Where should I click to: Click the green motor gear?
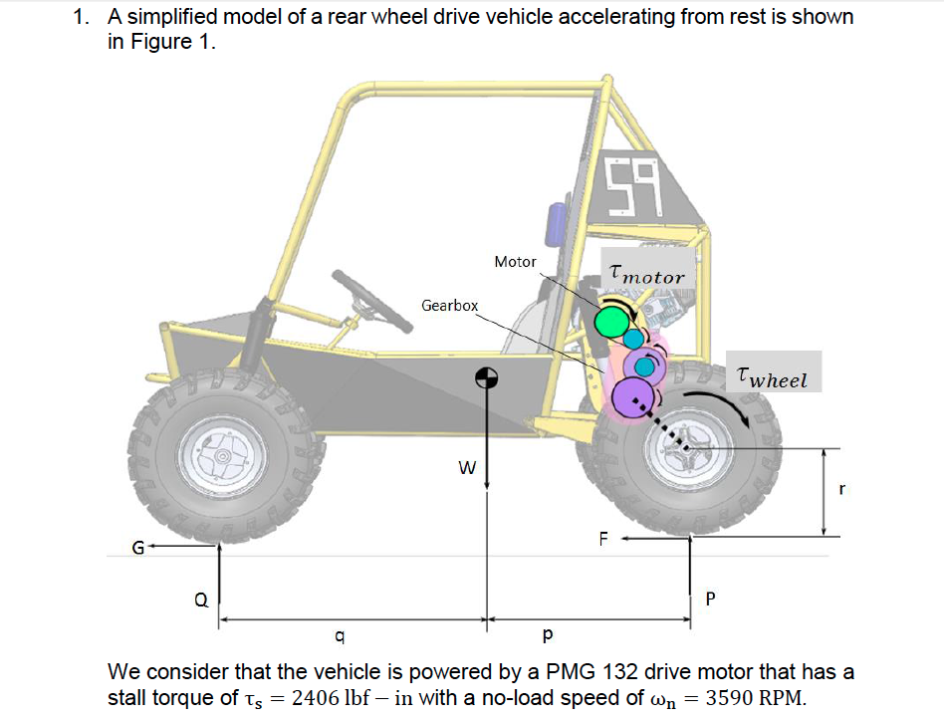(612, 321)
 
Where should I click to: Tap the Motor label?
(515, 262)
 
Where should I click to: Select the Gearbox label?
(449, 306)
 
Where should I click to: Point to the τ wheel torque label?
(773, 376)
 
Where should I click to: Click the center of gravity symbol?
(486, 377)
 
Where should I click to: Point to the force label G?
(139, 547)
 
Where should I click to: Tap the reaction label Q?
(201, 600)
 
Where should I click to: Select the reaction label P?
(709, 600)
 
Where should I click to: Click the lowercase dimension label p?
(547, 634)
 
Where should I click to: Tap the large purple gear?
(632, 397)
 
